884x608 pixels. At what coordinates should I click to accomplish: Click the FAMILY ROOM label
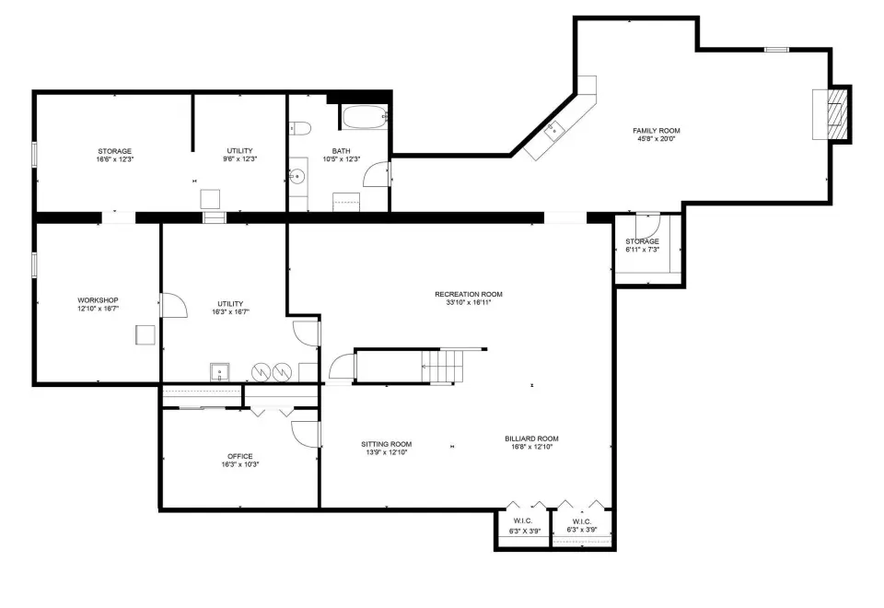[x=657, y=131]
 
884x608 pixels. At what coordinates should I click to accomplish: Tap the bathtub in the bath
[x=365, y=117]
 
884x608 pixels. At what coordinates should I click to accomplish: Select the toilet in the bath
[x=300, y=128]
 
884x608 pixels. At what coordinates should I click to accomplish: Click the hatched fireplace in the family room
[x=837, y=114]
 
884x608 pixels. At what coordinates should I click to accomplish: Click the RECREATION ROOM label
[x=469, y=295]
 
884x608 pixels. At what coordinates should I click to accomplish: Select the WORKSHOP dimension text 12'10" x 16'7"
[x=99, y=309]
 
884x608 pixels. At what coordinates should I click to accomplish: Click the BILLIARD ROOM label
[x=531, y=438]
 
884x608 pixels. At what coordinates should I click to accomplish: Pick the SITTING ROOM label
[x=387, y=444]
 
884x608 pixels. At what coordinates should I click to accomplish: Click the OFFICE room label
[x=240, y=456]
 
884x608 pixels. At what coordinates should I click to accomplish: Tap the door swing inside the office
[x=305, y=434]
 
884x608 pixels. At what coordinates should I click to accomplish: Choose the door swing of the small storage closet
[x=648, y=226]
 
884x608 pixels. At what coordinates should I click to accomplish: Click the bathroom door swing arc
[x=376, y=174]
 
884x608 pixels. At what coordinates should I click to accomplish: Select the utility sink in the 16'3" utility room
[x=220, y=372]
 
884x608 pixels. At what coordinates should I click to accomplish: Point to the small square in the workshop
[x=145, y=334]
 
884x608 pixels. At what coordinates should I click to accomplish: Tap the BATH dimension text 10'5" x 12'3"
[x=341, y=159]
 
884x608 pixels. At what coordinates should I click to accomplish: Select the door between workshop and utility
[x=174, y=305]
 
